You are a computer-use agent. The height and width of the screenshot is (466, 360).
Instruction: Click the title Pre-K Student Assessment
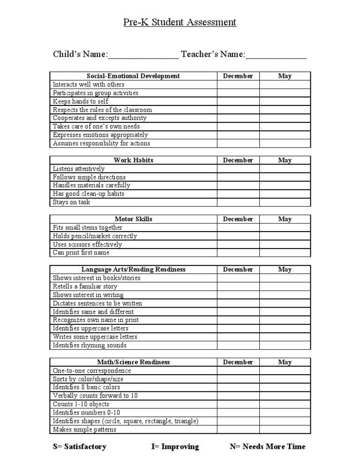(x=180, y=22)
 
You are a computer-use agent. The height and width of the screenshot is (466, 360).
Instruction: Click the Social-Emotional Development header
(x=133, y=76)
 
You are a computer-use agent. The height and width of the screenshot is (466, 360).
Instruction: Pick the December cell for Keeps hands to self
(x=238, y=101)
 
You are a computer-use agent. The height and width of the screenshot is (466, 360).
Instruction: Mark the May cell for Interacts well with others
(x=285, y=84)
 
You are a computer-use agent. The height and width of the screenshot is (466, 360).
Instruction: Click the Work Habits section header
(x=133, y=160)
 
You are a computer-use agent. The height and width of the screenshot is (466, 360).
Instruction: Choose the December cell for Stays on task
(x=238, y=203)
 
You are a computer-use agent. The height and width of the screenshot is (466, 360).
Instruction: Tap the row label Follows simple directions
(x=89, y=177)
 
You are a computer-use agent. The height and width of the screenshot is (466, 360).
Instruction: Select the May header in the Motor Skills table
(x=285, y=219)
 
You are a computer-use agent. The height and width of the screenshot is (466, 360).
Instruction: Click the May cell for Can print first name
(x=285, y=253)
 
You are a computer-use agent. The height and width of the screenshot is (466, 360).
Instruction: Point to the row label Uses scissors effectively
(x=87, y=244)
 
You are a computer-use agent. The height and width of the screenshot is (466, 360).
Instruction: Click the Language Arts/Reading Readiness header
(x=133, y=270)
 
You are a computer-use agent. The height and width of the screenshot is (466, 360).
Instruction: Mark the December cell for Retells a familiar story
(x=238, y=286)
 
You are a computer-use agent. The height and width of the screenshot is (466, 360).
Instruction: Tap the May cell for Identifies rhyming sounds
(x=285, y=346)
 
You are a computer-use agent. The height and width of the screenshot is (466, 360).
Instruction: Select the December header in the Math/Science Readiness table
(x=238, y=362)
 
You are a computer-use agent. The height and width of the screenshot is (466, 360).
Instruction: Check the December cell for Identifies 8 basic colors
(x=238, y=388)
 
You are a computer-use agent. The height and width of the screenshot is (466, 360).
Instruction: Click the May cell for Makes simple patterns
(x=285, y=429)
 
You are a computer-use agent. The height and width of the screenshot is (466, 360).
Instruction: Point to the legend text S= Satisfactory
(x=80, y=447)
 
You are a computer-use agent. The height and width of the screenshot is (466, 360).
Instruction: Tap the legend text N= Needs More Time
(x=267, y=447)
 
